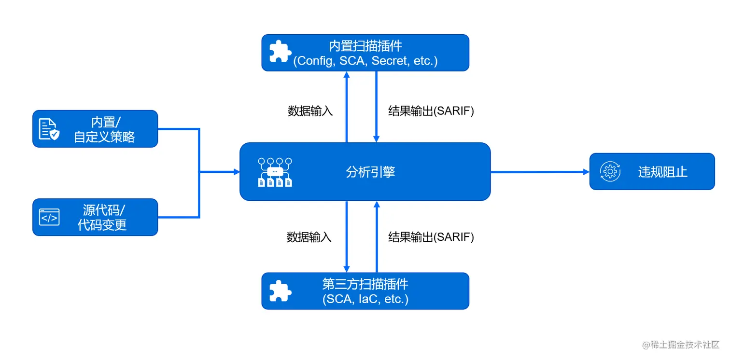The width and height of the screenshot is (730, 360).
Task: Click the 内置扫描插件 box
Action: coord(365,53)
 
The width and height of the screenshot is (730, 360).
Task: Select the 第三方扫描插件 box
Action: coord(365,291)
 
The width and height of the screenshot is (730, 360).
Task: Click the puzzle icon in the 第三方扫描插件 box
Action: coord(280,291)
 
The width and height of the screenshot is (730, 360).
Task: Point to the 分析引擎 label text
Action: coord(370,172)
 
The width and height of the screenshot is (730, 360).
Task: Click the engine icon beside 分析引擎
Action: coord(275,172)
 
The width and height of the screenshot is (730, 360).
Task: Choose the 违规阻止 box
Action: coord(652,172)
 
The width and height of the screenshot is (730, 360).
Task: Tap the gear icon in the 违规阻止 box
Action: coord(610,172)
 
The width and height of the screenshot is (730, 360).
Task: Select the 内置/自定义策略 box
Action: coord(95,129)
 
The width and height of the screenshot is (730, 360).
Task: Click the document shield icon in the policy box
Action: coord(49,129)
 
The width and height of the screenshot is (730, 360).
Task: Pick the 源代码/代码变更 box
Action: coord(95,217)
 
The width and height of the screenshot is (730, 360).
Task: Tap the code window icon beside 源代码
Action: coord(49,218)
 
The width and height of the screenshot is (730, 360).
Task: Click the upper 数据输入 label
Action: coord(310,111)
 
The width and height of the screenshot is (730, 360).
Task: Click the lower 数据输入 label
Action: coord(309,237)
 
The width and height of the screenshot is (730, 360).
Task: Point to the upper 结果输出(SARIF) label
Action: coord(431,111)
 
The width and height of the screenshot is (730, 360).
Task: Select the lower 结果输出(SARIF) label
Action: coord(431,237)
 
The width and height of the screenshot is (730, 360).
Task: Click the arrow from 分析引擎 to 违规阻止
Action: coord(540,172)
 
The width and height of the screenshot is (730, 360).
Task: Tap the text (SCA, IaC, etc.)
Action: coord(365,299)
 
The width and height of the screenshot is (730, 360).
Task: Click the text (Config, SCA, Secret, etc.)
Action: coord(365,61)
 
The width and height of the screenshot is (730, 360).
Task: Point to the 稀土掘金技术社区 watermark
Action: coord(680,345)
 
